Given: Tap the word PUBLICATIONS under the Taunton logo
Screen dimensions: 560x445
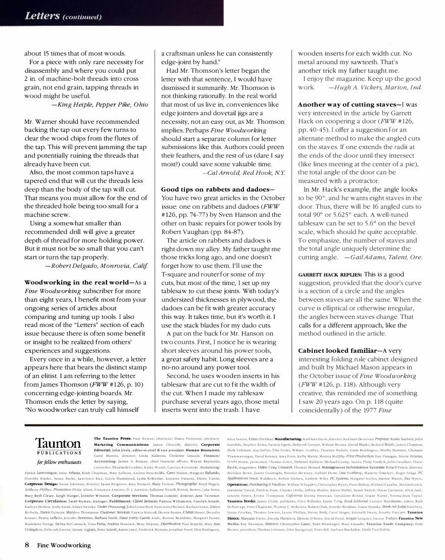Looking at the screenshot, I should click(58, 453).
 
